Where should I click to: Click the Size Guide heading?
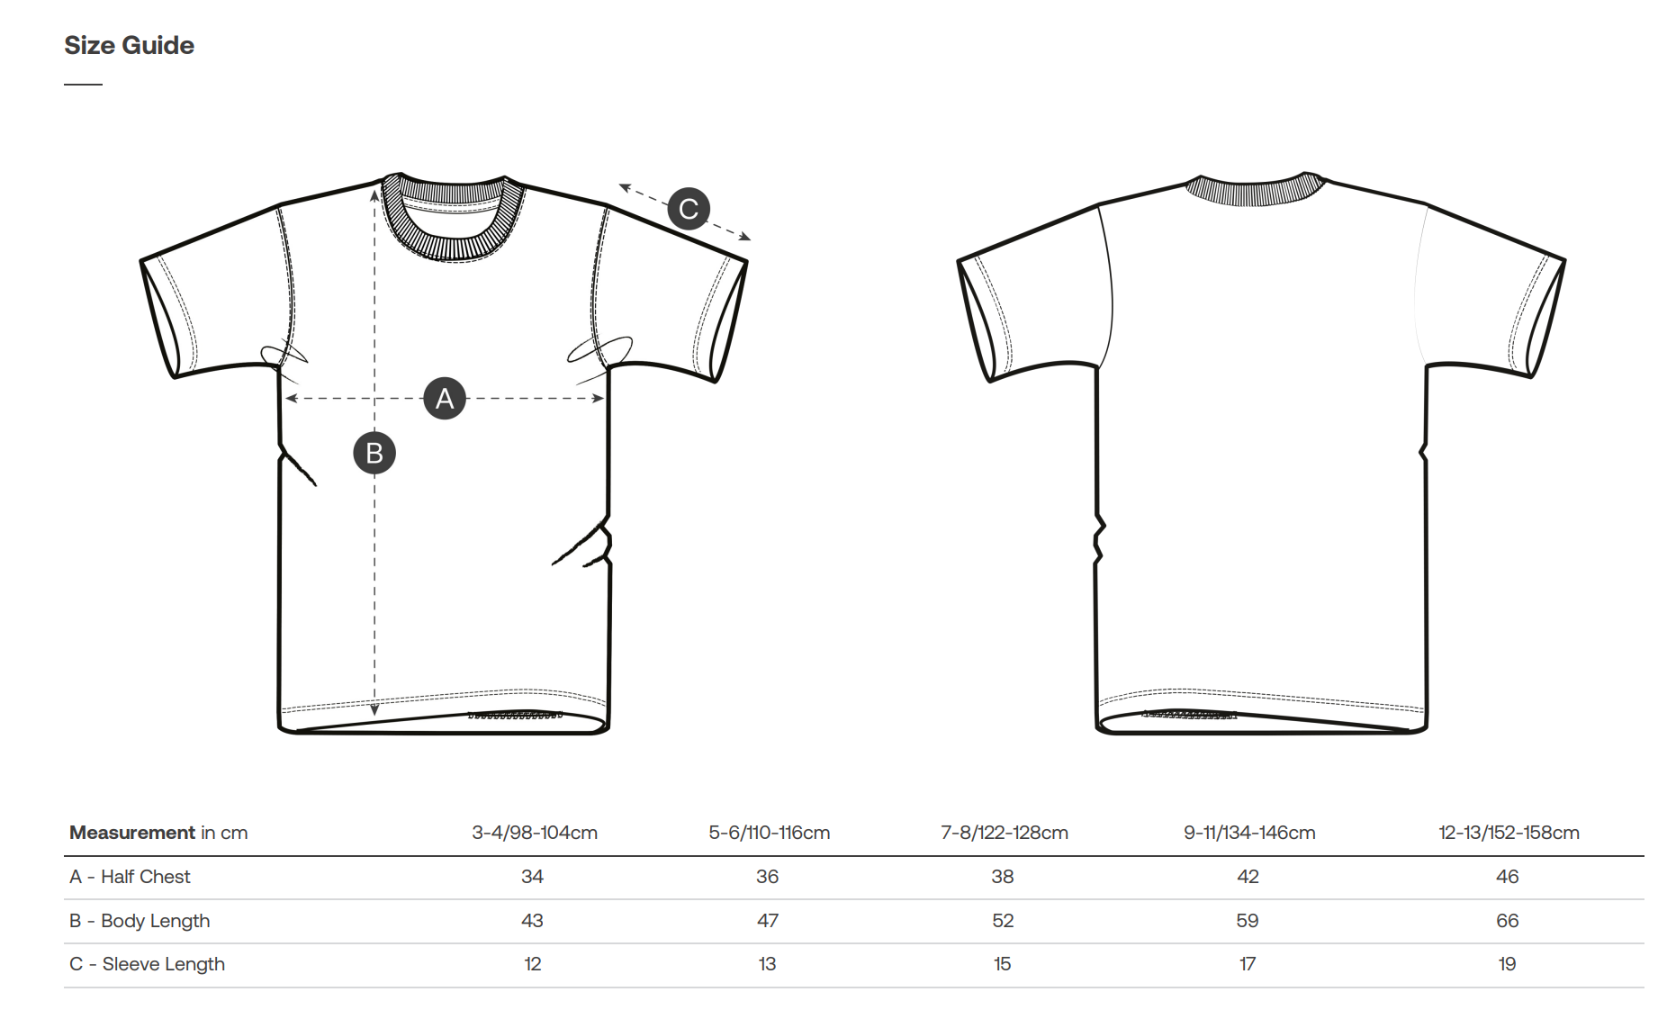(129, 45)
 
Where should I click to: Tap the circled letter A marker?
(445, 398)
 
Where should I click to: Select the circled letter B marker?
(374, 453)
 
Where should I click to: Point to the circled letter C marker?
(689, 209)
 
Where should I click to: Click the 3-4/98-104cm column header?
(535, 833)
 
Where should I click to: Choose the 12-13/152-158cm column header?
(1509, 833)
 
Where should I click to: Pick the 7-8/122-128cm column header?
(1005, 833)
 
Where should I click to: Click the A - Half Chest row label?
(130, 877)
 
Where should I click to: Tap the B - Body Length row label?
(140, 921)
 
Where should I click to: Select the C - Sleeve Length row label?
(147, 964)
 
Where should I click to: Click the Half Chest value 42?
(1248, 877)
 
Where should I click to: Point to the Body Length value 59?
(1248, 921)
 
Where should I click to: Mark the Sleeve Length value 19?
(1507, 964)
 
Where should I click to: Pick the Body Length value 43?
(532, 921)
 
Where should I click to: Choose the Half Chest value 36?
(767, 877)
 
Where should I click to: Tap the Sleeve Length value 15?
(1002, 964)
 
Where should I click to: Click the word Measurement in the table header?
(132, 833)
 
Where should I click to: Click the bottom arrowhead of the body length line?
(374, 711)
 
